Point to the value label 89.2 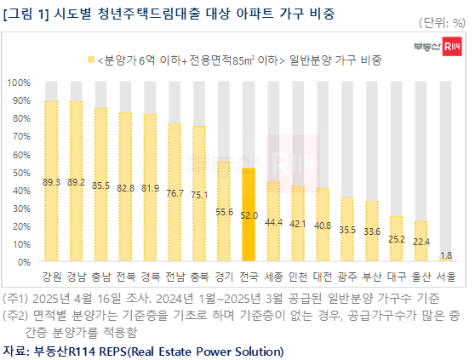pos(76,181)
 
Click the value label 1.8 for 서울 pos(445,254)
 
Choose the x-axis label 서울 pos(445,278)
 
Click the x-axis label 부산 pos(371,278)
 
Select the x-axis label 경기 pos(224,278)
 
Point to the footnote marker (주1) pos(16,299)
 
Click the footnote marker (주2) pos(16,316)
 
